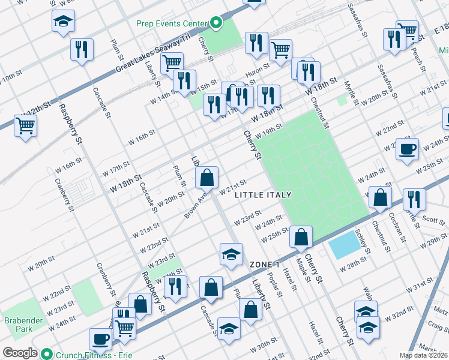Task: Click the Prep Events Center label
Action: point(170,24)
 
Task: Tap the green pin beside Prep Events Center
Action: point(215,24)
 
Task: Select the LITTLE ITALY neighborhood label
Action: point(263,195)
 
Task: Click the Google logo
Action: point(20,353)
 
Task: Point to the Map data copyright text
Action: point(423,355)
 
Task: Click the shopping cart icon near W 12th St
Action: point(25,126)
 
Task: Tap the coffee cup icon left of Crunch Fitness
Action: point(100,339)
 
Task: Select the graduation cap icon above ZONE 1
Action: point(231,254)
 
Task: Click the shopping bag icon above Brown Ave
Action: point(206,177)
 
